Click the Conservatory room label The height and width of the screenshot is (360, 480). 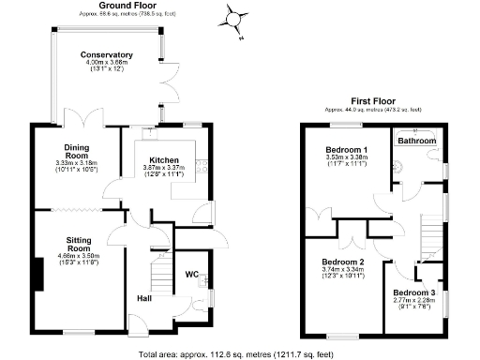(106, 55)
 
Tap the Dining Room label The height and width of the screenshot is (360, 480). (77, 152)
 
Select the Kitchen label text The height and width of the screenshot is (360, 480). (165, 160)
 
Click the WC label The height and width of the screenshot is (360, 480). (191, 275)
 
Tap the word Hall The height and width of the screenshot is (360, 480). (145, 298)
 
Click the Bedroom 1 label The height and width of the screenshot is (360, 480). (346, 150)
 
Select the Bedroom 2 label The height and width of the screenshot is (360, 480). (342, 262)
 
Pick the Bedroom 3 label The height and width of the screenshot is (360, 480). (413, 292)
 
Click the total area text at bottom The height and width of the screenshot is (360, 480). (234, 354)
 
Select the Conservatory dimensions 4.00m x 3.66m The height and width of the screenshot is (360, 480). (106, 64)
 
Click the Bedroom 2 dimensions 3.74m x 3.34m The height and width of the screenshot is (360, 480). (342, 270)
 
